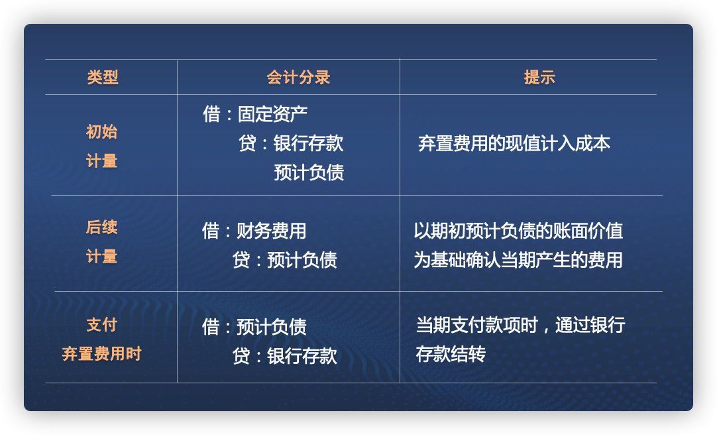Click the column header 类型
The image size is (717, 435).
coord(103,78)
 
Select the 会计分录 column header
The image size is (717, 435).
coord(298,78)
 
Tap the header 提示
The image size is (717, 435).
coord(539,78)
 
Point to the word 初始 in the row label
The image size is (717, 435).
coord(101,132)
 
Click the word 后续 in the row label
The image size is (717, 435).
coord(101,227)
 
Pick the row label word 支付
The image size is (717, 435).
coord(101,325)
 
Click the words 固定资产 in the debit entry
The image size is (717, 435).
coord(272,114)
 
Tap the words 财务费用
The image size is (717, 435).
coord(271,231)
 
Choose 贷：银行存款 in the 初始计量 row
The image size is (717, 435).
coord(291,143)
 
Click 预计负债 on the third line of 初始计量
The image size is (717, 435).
coord(309,172)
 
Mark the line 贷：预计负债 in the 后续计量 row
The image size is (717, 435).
coord(285,260)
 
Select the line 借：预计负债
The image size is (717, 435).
coord(254,327)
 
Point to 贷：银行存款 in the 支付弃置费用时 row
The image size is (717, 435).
coord(285,356)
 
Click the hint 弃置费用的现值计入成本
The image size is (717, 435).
coord(514,143)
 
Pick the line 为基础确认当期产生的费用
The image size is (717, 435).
coord(518,260)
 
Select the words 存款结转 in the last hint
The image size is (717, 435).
coord(451,354)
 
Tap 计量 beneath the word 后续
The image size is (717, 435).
coord(101,257)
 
